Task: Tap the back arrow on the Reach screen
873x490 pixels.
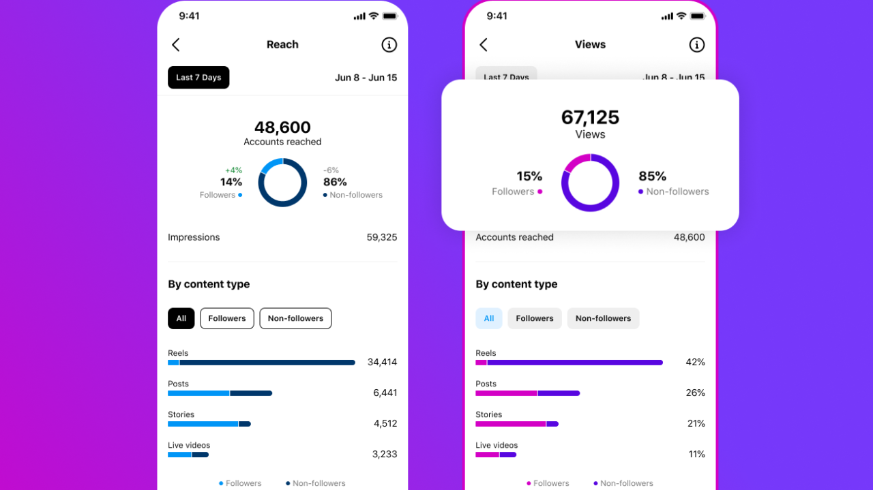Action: coord(176,45)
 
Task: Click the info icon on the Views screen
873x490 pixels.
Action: coord(696,45)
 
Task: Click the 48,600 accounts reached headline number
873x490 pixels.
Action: coord(282,127)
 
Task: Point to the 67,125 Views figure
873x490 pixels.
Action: coord(590,117)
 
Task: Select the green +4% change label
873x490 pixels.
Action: coord(233,170)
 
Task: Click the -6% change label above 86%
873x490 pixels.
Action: coord(331,170)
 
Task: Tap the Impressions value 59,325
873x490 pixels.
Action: coord(382,238)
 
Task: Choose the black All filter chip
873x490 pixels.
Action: coord(181,318)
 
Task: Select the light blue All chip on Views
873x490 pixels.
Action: coord(489,318)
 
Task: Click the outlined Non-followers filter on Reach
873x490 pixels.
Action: coord(295,318)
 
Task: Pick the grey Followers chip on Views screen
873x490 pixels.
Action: coord(535,318)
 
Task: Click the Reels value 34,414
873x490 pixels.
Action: coord(382,362)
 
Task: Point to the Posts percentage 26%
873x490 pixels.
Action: coord(695,393)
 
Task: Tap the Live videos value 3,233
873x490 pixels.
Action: coord(385,455)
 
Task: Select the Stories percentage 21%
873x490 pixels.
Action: coord(696,424)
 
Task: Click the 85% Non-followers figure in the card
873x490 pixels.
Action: coord(653,177)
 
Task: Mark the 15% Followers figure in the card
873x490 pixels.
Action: coord(529,177)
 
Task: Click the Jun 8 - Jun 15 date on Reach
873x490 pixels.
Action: coord(366,78)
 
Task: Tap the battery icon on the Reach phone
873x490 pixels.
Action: coord(390,16)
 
